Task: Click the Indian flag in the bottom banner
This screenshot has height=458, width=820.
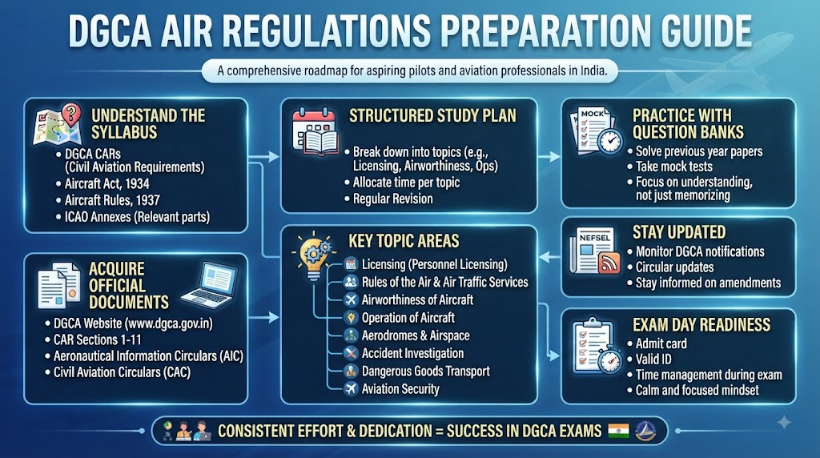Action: pos(618,431)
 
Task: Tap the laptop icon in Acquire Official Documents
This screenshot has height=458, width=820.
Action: pos(209,285)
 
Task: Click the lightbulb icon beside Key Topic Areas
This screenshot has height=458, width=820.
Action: pos(313,255)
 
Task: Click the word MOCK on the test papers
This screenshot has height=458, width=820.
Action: pos(592,114)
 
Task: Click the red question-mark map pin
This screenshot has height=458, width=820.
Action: pos(71,114)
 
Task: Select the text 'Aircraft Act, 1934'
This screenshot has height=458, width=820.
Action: pos(107,183)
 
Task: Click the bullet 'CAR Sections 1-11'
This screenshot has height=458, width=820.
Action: pos(97,339)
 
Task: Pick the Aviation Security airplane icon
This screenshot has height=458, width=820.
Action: pos(351,388)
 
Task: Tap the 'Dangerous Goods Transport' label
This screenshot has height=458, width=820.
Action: pos(426,372)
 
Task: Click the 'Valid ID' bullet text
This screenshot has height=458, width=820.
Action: pos(653,360)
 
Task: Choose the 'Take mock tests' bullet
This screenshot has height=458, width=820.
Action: pos(673,167)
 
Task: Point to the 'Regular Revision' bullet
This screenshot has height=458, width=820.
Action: pos(392,199)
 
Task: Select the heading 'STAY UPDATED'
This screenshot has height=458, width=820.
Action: pos(679,232)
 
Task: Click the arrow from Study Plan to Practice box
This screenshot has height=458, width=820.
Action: pos(549,156)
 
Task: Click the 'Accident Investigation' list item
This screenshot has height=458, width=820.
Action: pos(412,353)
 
